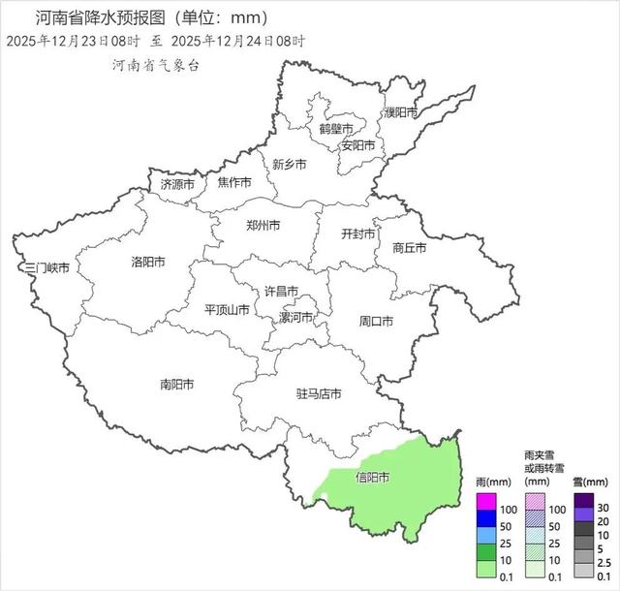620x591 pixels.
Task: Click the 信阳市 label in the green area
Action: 373,478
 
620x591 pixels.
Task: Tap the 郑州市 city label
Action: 263,226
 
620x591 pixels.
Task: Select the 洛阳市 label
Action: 147,262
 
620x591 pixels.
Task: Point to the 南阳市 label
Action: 176,385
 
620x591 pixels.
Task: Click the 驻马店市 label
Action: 319,394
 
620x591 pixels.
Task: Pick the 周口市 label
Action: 376,321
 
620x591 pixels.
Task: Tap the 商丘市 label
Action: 409,247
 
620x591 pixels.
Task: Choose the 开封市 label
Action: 358,233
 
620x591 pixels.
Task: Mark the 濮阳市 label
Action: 400,112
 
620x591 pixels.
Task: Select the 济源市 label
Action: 177,183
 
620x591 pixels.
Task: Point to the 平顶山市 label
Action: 228,310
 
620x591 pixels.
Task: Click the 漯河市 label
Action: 295,318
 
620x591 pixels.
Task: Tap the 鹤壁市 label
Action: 336,128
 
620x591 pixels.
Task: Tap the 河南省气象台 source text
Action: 155,65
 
